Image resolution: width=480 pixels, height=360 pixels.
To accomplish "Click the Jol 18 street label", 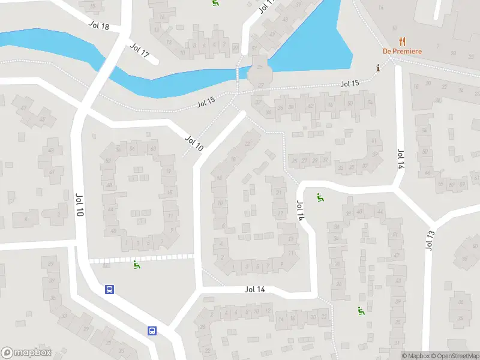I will point(98,26).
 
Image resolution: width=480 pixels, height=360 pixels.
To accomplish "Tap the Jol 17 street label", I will point(139,50).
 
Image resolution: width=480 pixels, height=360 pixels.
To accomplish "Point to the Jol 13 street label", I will point(430,239).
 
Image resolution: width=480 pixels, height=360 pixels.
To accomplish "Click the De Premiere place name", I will point(403,52).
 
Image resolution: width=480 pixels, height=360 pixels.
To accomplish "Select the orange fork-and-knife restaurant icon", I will point(402,42).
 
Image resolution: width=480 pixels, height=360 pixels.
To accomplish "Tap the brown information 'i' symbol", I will point(377,67).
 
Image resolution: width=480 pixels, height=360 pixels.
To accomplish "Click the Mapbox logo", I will point(26,353).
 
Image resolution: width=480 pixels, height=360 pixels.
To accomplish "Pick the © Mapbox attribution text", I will point(416,356).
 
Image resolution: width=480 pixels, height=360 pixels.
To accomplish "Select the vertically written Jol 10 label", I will point(79,206).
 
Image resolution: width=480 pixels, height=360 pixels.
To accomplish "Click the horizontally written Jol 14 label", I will point(255,289).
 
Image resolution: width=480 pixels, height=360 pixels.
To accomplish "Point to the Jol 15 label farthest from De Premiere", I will point(206,103).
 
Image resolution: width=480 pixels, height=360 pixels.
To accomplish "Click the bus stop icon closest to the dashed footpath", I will point(110,289).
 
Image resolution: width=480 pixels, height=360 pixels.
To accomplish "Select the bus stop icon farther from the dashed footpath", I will point(152,331).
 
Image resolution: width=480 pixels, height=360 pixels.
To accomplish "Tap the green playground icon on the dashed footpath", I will point(137,265).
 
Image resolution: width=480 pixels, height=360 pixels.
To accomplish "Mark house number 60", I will point(154,149).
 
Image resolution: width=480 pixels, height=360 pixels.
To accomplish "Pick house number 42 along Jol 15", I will point(310,106).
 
